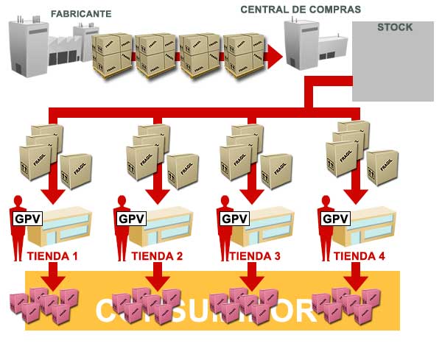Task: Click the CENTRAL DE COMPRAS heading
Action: coord(301,10)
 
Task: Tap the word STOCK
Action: coord(394,27)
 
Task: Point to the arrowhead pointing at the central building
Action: coord(274,55)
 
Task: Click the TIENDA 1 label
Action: coord(52,257)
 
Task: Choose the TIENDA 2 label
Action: coord(157,257)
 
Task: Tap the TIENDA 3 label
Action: coord(255,257)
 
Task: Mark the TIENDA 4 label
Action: coord(359,257)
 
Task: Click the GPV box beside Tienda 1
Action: coord(28,219)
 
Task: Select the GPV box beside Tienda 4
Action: coord(336,219)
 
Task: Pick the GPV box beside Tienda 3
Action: coord(234,219)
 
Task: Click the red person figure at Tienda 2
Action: coord(123,225)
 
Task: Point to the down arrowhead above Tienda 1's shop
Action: coord(52,196)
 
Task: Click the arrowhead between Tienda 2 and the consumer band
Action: coord(156,281)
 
